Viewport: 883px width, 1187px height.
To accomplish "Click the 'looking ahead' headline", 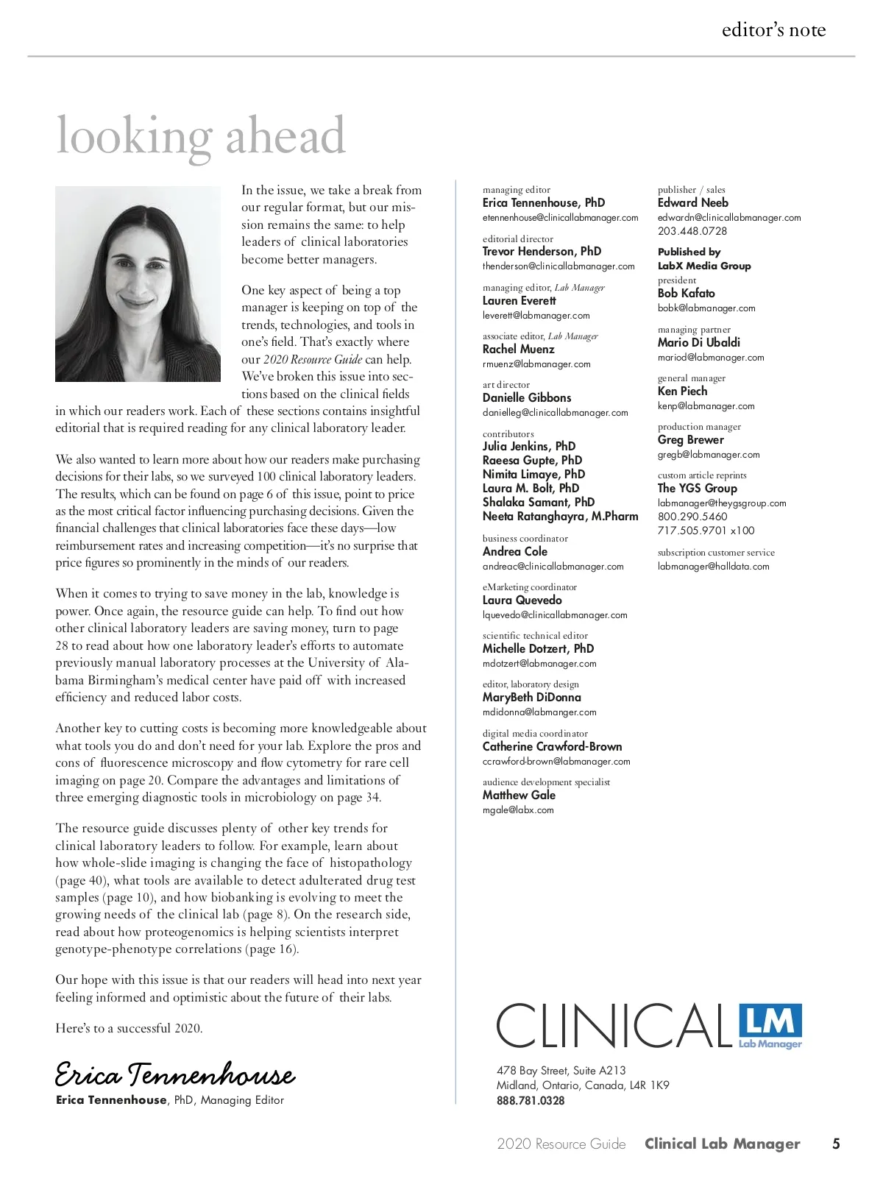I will pos(200,136).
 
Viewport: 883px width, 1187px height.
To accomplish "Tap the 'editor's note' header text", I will pos(773,29).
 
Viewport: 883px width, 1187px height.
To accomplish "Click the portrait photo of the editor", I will pos(138,284).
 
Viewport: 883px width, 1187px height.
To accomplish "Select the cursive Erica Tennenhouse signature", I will pos(175,1075).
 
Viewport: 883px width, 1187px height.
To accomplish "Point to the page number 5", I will pos(836,1144).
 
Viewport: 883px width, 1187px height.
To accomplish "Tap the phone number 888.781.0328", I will pos(531,1101).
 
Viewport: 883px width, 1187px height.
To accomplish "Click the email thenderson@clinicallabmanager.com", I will pos(558,266).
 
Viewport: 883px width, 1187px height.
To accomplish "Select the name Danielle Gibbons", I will pos(527,398).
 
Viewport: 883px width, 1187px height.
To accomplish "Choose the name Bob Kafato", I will pos(686,294).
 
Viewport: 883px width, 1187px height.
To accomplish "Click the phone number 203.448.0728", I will pos(692,231).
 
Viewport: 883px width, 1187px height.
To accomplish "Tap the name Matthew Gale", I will pos(519,796).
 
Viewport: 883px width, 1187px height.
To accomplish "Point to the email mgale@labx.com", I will pos(518,810).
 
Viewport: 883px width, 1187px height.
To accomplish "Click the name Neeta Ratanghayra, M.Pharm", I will pos(560,517).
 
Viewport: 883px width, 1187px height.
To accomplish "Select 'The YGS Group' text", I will pos(697,489).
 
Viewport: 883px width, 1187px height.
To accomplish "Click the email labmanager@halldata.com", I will pos(713,567).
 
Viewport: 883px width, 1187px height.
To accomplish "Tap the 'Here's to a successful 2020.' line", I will pos(129,1028).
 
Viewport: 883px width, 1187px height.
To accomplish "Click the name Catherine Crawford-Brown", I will pos(552,747).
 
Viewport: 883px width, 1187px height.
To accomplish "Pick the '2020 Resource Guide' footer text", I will pos(561,1144).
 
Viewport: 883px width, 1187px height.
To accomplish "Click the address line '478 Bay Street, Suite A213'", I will pos(561,1071).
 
